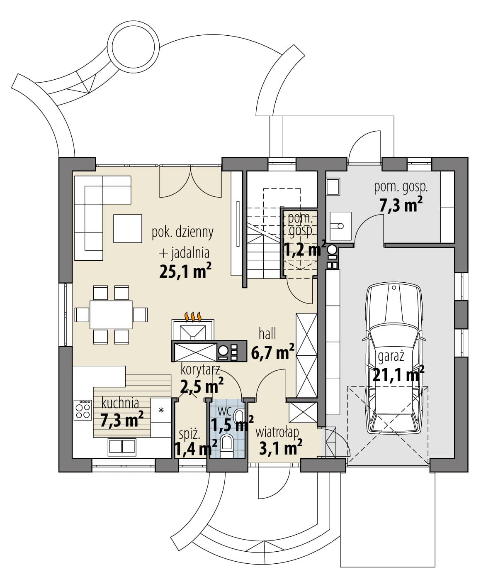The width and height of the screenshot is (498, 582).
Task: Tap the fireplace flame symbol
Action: click(x=193, y=317)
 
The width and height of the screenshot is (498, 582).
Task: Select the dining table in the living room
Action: click(x=111, y=315)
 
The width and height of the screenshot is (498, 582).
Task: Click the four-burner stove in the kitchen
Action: click(x=83, y=410)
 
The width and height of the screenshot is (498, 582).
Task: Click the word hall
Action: click(x=267, y=334)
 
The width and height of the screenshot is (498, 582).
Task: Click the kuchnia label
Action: click(x=120, y=403)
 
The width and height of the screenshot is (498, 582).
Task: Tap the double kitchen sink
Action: click(x=122, y=447)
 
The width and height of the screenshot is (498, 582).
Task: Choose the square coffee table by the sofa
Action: click(x=127, y=228)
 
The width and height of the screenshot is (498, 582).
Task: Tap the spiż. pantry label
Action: click(x=189, y=435)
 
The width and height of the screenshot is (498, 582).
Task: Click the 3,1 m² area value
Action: click(x=280, y=448)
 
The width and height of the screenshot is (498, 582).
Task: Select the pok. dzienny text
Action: click(x=182, y=233)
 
